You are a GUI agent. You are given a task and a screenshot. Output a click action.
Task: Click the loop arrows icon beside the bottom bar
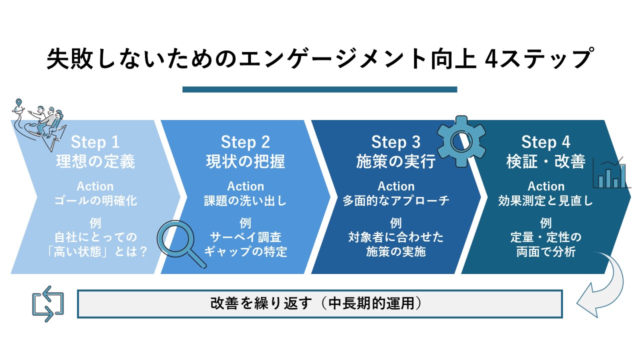pos(48,303)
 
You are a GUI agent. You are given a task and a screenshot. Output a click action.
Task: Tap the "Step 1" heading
pos(95,142)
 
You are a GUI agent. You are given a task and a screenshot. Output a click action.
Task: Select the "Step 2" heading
pos(245,142)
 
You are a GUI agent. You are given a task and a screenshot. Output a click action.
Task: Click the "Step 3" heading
pos(396,142)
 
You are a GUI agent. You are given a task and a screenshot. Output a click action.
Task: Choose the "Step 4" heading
pos(546,142)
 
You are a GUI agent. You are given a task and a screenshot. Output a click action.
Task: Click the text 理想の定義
pos(95,162)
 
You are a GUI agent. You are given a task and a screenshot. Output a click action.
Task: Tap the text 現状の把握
pos(245,162)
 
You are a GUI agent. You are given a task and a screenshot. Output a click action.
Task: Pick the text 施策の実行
pos(396,162)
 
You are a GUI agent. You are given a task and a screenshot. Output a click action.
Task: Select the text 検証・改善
pos(546,162)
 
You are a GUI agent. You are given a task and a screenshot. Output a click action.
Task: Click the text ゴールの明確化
pos(95,201)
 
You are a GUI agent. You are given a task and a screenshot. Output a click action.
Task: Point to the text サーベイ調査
pos(245,236)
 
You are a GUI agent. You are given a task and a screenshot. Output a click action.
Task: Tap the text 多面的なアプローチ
pos(396,201)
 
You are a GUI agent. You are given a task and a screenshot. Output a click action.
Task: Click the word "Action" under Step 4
pos(546,186)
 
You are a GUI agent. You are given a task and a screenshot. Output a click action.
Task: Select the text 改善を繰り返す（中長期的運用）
pos(320,303)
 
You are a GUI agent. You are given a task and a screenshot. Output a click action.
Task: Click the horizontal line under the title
pos(320,89)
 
